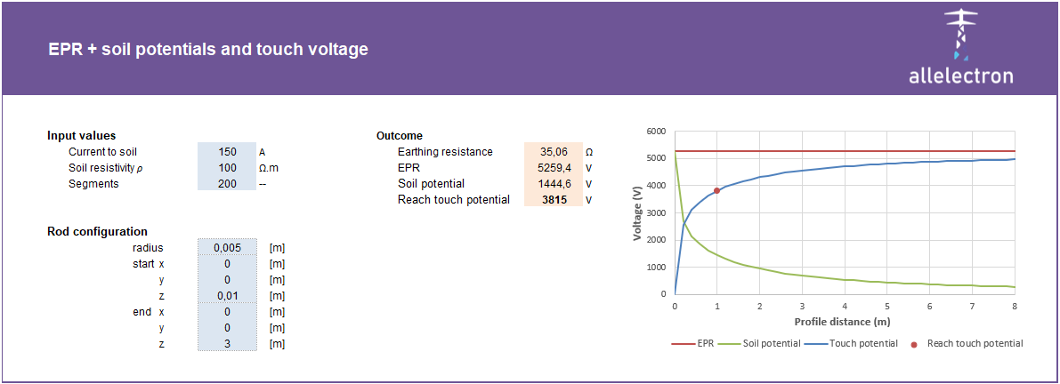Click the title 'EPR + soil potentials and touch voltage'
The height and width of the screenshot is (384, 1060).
tap(208, 50)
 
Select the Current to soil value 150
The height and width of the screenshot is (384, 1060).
tap(226, 152)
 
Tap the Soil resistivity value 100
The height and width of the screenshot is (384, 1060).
tap(226, 168)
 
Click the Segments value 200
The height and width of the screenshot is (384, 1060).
tap(226, 184)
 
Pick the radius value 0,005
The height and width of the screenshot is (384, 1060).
tap(226, 248)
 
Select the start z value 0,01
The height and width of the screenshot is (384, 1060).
tap(226, 296)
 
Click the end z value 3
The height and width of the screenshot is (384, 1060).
tap(226, 344)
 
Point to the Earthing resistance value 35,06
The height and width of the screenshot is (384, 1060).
tap(553, 152)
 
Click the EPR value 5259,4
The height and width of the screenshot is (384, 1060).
tap(553, 168)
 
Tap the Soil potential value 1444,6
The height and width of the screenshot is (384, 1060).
tap(553, 184)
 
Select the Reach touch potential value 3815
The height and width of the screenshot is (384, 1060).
tap(553, 200)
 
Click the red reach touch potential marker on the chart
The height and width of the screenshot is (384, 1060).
tap(716, 190)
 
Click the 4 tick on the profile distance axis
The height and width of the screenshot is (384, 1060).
tap(845, 306)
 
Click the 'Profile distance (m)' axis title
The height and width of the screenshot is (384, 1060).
tap(842, 322)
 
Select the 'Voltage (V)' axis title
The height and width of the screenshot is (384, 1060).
tap(637, 212)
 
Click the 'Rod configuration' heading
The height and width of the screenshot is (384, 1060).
tap(97, 232)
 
